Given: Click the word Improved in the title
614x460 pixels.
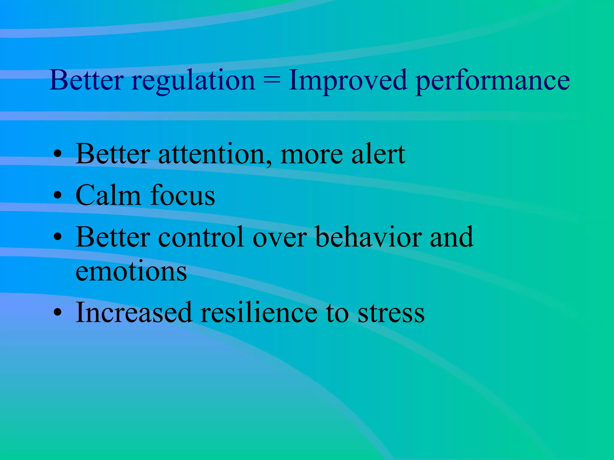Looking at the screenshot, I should (348, 80).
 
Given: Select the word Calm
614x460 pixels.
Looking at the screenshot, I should (108, 195).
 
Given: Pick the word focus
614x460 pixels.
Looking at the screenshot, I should (183, 195).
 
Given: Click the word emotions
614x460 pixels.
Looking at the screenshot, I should (131, 271).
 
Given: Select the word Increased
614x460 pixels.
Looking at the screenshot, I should (134, 313).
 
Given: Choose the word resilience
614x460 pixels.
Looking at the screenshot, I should (259, 313).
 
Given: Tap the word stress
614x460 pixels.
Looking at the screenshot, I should (391, 313).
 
